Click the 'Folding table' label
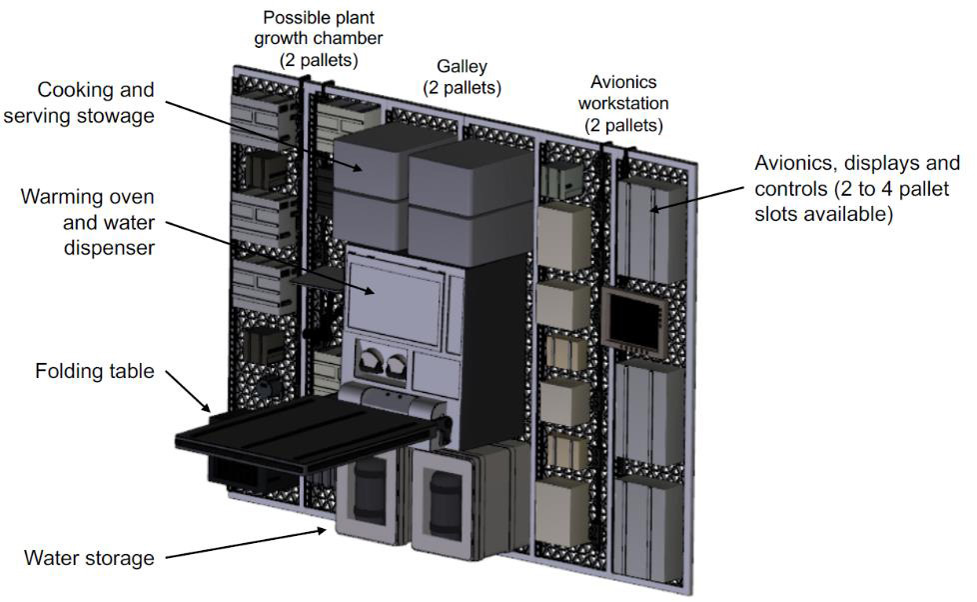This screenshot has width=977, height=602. click(x=95, y=371)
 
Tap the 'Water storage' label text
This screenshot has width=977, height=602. click(x=89, y=558)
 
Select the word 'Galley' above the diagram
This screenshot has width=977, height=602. click(x=462, y=66)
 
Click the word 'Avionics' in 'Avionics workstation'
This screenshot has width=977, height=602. click(x=623, y=82)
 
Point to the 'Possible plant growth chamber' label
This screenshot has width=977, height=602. click(x=319, y=38)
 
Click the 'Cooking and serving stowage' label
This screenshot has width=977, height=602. click(x=79, y=102)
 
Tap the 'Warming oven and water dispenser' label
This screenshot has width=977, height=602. click(x=88, y=222)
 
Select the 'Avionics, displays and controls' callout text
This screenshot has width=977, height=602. click(x=857, y=188)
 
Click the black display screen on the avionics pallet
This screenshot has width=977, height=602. click(x=633, y=321)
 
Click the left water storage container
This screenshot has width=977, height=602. click(x=368, y=496)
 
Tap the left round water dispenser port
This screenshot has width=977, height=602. click(x=370, y=362)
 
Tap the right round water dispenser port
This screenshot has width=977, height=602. click(x=397, y=366)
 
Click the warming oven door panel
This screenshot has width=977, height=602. click(x=395, y=296)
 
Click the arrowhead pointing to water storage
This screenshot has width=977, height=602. click(x=320, y=531)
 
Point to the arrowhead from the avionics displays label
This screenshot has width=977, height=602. click(x=654, y=208)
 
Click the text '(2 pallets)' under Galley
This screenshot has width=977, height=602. click(x=462, y=87)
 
